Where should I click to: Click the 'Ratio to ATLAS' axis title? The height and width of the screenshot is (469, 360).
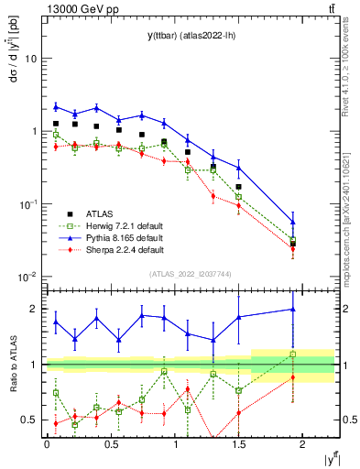tap(11, 364)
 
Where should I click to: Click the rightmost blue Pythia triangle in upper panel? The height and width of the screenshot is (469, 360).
tap(293, 222)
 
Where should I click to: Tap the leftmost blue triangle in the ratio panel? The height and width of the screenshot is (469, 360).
tap(56, 322)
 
